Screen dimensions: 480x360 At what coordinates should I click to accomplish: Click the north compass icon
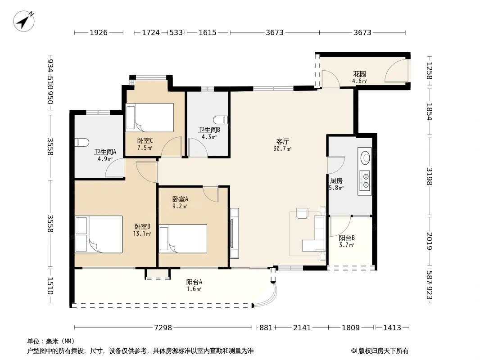click(x=23, y=21)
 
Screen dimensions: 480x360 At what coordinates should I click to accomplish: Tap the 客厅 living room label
click(x=282, y=142)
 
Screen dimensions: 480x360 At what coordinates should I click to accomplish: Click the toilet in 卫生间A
click(x=82, y=143)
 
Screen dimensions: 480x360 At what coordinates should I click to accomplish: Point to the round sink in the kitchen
click(x=365, y=157)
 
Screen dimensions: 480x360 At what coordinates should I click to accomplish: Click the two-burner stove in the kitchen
click(x=365, y=180)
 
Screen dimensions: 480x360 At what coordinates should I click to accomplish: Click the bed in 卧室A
click(x=183, y=239)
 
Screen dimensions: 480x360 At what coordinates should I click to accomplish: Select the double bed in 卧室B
click(x=99, y=234)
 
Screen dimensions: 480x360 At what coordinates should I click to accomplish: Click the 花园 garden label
click(x=359, y=74)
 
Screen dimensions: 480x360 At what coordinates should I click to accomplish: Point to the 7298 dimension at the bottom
click(x=163, y=328)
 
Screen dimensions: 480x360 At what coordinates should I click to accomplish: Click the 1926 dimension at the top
click(x=99, y=32)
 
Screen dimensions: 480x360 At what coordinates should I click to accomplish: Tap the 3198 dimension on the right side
click(x=429, y=176)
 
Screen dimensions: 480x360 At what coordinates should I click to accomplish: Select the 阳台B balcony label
click(x=347, y=238)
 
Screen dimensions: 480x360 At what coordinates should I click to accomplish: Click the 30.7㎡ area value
click(x=282, y=148)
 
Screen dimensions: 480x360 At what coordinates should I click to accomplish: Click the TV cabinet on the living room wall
click(x=235, y=233)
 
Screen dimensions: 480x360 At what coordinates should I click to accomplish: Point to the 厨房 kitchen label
click(x=336, y=181)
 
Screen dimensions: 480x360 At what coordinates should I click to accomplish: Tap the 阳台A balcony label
click(x=194, y=282)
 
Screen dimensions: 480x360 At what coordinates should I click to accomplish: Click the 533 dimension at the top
click(x=176, y=32)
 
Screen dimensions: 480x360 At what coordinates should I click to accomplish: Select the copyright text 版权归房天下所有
click(x=383, y=351)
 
